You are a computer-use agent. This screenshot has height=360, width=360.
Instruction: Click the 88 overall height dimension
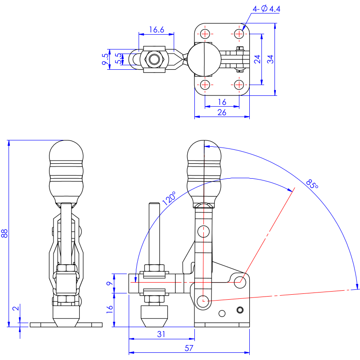[4, 233]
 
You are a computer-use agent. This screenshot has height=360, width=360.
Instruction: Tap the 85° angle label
[312, 184]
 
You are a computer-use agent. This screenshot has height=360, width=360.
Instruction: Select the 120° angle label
[169, 198]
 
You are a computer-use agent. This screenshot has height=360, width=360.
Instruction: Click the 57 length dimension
[189, 347]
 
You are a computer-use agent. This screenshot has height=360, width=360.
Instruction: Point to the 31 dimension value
[162, 334]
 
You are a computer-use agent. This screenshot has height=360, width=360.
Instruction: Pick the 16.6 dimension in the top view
[156, 30]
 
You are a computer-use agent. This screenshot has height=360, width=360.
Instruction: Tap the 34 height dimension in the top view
[270, 59]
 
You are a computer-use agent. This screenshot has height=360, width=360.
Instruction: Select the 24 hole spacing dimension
[257, 59]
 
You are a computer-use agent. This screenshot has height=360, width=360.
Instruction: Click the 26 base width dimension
[222, 112]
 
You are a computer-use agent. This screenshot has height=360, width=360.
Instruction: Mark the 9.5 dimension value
[105, 59]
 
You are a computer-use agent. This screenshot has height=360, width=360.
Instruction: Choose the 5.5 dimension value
[118, 59]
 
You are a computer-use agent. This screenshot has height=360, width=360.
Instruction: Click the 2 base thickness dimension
[16, 309]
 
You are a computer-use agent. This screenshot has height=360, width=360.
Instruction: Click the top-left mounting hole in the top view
[205, 34]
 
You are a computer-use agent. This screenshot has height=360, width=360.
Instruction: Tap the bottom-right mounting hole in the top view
[239, 84]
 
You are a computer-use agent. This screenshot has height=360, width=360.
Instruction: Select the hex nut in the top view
[155, 59]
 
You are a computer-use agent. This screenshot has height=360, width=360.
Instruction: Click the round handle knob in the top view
[204, 59]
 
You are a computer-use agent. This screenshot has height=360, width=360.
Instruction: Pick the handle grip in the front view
[66, 171]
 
